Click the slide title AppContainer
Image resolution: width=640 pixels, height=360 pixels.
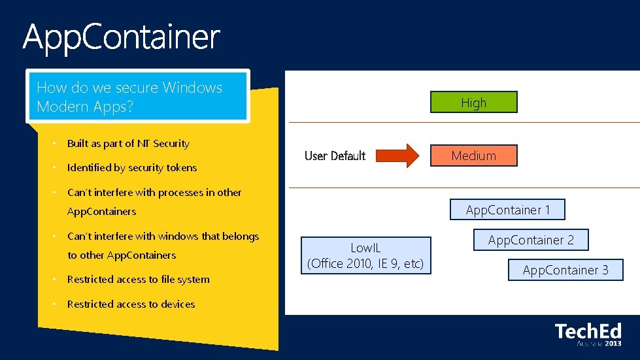click(x=122, y=37)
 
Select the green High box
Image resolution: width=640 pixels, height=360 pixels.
click(x=473, y=103)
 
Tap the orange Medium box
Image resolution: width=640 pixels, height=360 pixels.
click(x=473, y=155)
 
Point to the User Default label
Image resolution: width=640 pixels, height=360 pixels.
click(x=335, y=155)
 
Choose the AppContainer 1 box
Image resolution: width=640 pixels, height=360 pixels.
click(x=507, y=210)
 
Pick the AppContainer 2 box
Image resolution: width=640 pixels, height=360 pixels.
click(x=530, y=240)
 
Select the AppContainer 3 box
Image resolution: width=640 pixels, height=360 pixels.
click(x=565, y=270)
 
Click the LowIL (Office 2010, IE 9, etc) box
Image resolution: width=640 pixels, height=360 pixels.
click(x=365, y=255)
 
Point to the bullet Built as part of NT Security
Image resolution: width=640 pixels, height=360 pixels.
click(x=128, y=144)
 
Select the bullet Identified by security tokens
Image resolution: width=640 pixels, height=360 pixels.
click(x=132, y=168)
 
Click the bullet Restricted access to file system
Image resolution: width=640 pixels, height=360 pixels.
click(x=139, y=280)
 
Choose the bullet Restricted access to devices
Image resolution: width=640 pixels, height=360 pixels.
click(x=131, y=304)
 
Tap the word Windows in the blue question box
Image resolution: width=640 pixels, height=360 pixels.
click(x=192, y=88)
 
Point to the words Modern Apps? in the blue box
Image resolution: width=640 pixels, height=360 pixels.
click(x=85, y=106)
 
